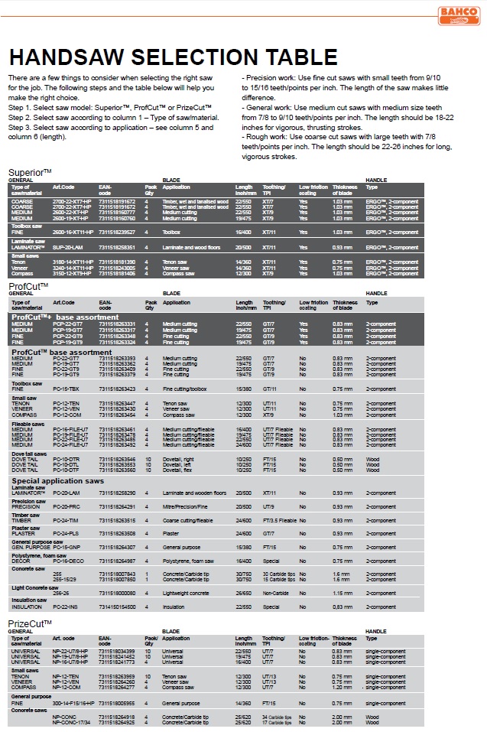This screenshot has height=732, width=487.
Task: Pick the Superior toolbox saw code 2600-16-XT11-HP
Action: [73, 232]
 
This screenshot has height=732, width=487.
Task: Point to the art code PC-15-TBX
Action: [66, 389]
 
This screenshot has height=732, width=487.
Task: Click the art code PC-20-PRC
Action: [67, 507]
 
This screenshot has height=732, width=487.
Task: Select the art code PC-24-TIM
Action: [66, 520]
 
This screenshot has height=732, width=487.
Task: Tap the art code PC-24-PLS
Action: [66, 533]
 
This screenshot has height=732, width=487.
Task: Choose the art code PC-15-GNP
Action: [67, 547]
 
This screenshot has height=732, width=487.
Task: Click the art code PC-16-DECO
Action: [68, 561]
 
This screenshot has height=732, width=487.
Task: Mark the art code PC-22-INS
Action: [66, 607]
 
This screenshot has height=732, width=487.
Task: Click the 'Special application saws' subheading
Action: [57, 481]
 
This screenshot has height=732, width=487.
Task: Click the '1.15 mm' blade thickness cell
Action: [342, 593]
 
